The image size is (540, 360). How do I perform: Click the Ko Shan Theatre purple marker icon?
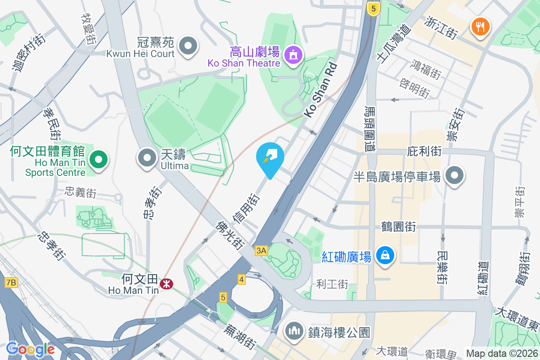click(293, 55)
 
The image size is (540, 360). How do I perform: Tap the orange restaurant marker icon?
click(481, 26)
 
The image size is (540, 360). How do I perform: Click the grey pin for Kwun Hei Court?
click(188, 46)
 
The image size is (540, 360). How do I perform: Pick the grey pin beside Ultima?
click(147, 158)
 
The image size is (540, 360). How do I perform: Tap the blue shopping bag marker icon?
click(385, 256)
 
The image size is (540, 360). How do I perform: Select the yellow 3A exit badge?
click(261, 251)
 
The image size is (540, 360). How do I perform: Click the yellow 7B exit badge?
click(11, 283)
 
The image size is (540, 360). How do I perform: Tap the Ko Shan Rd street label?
click(320, 90)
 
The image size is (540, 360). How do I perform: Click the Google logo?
click(30, 349)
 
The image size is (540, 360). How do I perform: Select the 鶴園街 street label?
click(398, 226)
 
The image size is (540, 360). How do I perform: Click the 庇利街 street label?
click(424, 151)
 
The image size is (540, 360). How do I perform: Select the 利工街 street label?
click(333, 284)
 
